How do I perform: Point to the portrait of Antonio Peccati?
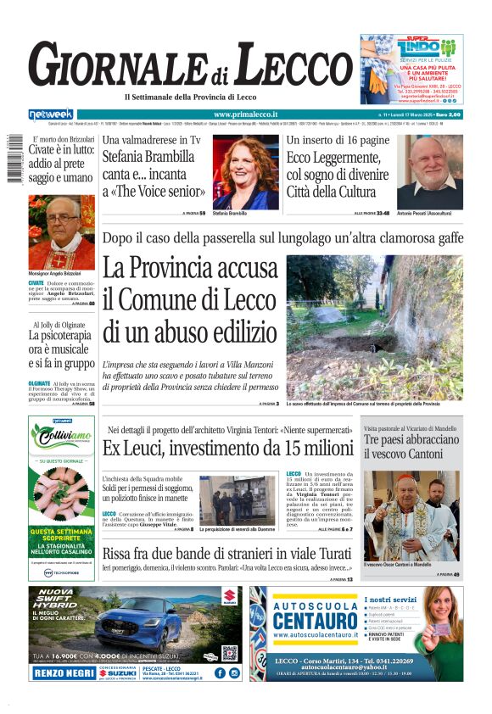pyautogui.click(x=430, y=172)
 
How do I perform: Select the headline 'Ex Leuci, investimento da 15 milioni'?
pyautogui.click(x=227, y=449)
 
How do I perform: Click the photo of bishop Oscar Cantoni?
pyautogui.click(x=411, y=516)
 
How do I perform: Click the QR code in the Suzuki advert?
pyautogui.click(x=229, y=652)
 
